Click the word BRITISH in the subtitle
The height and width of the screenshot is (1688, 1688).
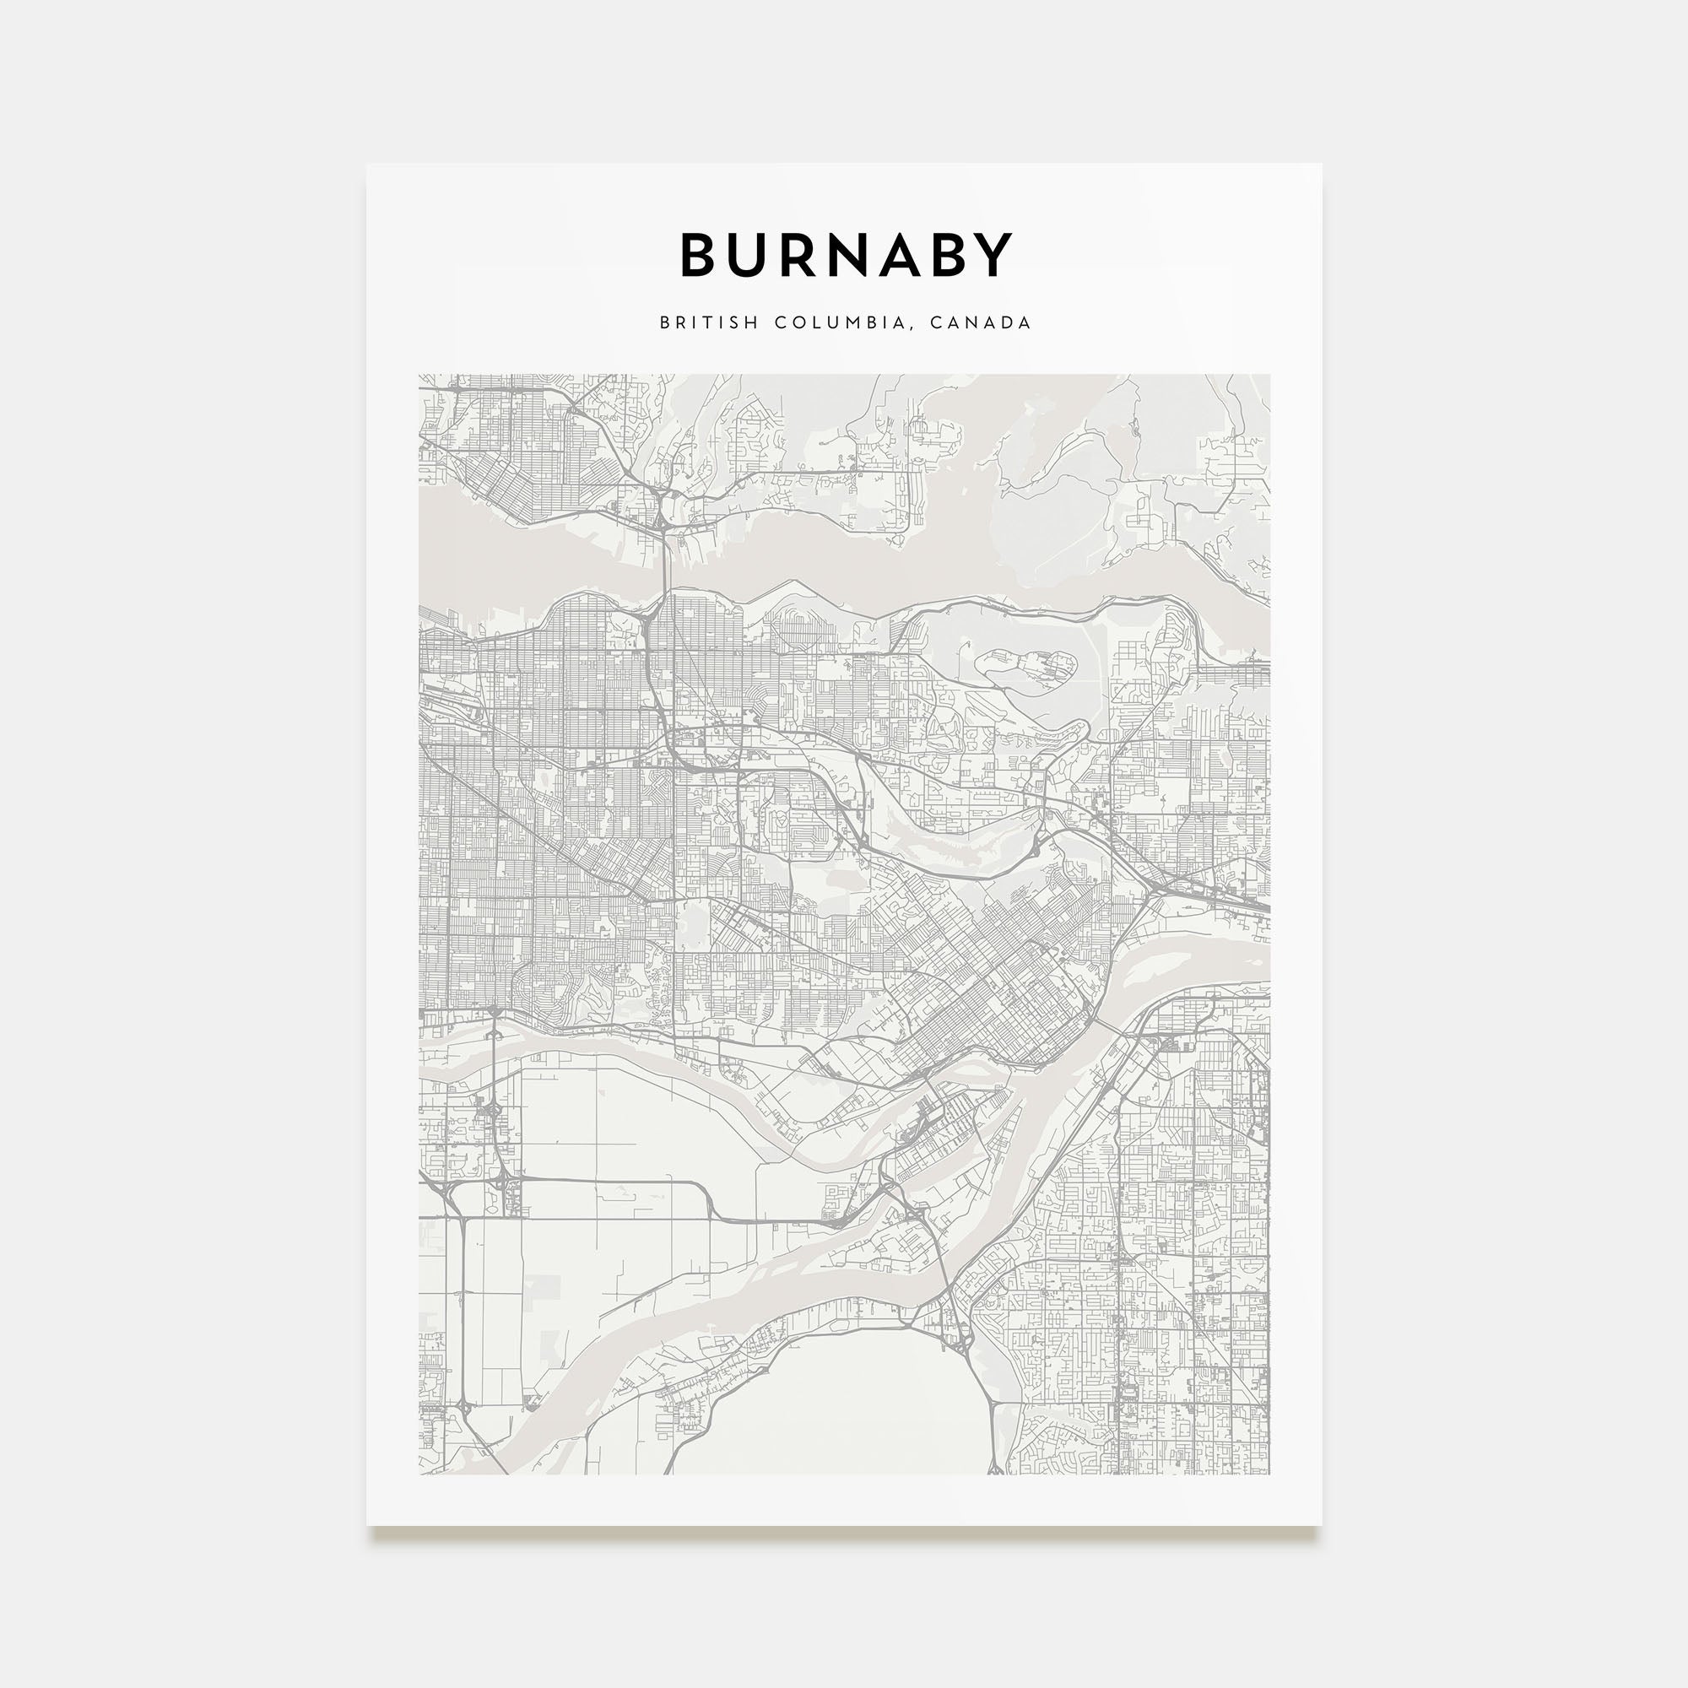[709, 322]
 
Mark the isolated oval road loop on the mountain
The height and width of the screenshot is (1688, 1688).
[1023, 673]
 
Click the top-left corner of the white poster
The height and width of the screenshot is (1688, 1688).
[368, 165]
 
